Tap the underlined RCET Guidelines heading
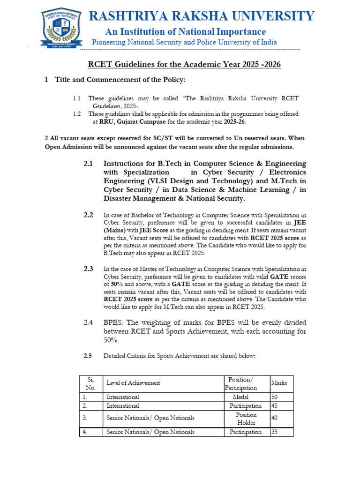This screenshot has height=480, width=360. coord(185,64)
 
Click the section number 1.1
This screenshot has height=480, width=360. coord(77,98)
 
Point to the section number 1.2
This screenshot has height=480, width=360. coord(77,114)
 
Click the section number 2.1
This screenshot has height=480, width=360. coord(89,164)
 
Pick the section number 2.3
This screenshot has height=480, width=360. coord(89,269)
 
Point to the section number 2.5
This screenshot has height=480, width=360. coord(88,356)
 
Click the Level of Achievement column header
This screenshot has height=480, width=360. coord(133,383)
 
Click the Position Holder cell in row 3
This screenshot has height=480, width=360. coord(246,418)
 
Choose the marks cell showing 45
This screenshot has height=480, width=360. coord(276,406)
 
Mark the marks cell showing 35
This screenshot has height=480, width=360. coord(276,432)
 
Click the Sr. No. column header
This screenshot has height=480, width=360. coord(91,383)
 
